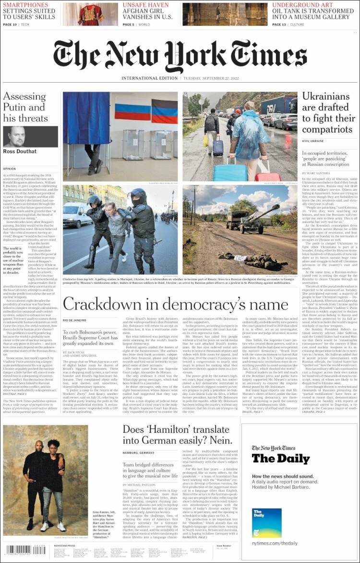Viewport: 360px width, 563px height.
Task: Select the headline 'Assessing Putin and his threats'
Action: pyautogui.click(x=26, y=107)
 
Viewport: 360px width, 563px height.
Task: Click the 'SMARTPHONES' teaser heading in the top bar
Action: pyautogui.click(x=26, y=5)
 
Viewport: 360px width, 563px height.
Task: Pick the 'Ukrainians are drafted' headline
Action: pyautogui.click(x=329, y=112)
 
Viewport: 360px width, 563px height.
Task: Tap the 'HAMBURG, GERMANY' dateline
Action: pyautogui.click(x=138, y=453)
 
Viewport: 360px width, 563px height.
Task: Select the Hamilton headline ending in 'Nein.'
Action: pyautogui.click(x=176, y=437)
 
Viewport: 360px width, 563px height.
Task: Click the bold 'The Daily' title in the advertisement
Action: pyautogui.click(x=281, y=458)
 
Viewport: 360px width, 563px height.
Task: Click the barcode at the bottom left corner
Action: pyautogui.click(x=25, y=550)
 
